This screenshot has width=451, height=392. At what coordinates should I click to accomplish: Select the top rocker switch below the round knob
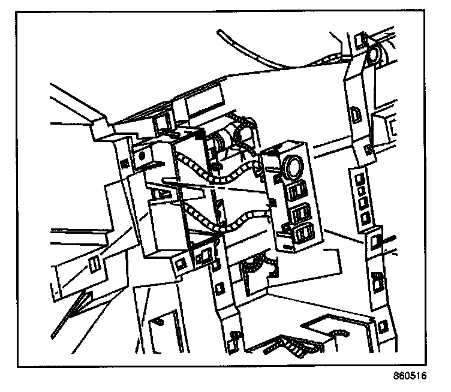coord(296,191)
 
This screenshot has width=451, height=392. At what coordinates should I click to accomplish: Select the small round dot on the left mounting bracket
coord(142,155)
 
